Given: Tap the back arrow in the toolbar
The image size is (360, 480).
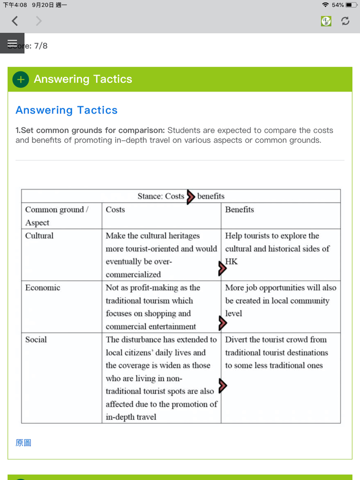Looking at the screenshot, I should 15,21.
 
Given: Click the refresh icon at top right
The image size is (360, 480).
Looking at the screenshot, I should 345,21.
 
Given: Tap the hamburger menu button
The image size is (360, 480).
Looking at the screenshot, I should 12,43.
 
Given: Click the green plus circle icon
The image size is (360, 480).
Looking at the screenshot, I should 21,80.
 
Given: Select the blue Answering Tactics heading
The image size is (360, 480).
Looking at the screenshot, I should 66,110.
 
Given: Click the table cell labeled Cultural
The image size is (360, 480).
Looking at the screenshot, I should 39,236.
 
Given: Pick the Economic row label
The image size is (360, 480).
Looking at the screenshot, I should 43,288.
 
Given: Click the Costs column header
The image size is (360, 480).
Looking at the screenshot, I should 115,210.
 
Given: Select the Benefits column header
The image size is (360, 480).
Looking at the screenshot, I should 239,210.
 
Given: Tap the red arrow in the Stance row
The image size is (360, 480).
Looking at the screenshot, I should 190,197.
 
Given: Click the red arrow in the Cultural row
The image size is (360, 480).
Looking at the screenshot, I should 222,268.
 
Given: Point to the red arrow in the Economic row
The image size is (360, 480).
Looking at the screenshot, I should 222,323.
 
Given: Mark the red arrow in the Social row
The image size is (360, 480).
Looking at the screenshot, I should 222,385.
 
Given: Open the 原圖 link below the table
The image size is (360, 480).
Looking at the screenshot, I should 23,442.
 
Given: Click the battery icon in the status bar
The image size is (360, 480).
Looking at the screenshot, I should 352,5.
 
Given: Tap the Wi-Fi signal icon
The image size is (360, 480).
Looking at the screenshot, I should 325,5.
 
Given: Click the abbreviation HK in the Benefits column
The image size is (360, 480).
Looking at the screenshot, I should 231,262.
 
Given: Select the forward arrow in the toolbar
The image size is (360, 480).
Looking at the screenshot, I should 39,21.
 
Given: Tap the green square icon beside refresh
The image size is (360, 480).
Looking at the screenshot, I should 326,21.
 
